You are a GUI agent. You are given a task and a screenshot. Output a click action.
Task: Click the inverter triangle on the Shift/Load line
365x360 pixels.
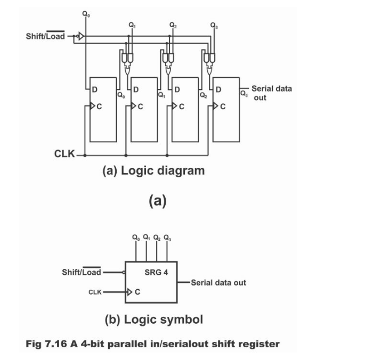tap(81, 36)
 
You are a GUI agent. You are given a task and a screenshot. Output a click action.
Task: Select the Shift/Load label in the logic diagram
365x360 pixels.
tap(45, 36)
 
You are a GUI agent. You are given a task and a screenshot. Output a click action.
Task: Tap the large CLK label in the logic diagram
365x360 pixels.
tap(65, 154)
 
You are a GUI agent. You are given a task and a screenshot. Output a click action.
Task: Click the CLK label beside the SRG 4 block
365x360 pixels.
tap(95, 292)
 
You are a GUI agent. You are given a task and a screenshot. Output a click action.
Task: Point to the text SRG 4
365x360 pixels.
tap(156, 272)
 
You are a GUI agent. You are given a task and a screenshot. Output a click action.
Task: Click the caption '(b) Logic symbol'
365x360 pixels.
tap(153, 320)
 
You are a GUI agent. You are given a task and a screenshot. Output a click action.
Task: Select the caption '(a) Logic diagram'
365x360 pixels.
tap(153, 171)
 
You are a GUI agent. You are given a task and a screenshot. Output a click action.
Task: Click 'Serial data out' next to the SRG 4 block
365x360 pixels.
tap(218, 283)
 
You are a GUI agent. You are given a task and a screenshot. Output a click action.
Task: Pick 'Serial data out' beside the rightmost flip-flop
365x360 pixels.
tap(271, 93)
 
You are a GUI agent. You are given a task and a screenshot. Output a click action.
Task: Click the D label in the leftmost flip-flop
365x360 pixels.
tap(94, 89)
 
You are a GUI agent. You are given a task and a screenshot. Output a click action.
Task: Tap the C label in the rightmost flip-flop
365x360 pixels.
tap(223, 107)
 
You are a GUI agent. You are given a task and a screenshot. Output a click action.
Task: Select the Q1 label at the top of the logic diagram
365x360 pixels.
tap(132, 24)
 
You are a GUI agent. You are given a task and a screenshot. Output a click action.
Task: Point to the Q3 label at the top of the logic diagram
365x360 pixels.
tap(214, 24)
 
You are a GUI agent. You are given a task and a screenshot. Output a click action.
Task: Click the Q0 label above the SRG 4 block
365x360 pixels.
tap(136, 238)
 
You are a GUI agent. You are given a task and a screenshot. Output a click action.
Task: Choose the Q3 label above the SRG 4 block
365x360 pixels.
tap(167, 238)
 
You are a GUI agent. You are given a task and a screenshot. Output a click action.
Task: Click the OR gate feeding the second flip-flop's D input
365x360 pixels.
tap(127, 69)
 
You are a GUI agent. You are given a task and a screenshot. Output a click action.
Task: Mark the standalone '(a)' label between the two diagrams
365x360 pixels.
tap(158, 201)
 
